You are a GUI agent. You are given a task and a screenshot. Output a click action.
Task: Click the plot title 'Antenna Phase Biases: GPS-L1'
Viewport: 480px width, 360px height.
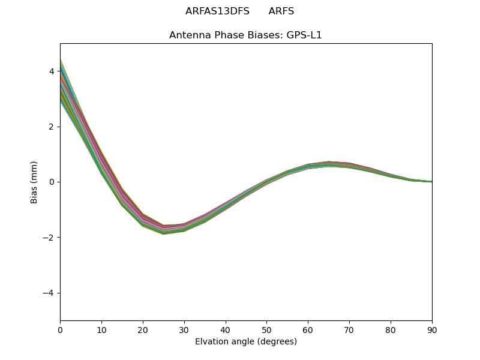pyautogui.click(x=245, y=35)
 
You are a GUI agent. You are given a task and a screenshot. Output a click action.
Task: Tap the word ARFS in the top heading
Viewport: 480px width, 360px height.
pyautogui.click(x=281, y=11)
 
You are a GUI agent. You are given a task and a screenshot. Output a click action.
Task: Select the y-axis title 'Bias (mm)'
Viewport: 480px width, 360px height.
pyautogui.click(x=34, y=182)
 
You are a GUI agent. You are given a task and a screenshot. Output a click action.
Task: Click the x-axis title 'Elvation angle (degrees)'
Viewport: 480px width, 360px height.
pyautogui.click(x=245, y=341)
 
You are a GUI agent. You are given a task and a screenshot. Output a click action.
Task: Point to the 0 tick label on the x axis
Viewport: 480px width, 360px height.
pyautogui.click(x=60, y=329)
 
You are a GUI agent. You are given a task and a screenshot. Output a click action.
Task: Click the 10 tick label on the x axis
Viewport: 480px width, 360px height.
pyautogui.click(x=101, y=329)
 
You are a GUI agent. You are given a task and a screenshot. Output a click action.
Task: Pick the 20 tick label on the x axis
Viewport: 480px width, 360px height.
pyautogui.click(x=143, y=329)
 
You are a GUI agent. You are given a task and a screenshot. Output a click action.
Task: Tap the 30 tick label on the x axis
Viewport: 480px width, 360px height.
pyautogui.click(x=184, y=329)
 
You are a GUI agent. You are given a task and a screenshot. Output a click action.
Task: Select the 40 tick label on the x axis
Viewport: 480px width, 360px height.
pyautogui.click(x=226, y=329)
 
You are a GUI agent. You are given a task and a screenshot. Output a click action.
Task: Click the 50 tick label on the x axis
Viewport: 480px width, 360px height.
pyautogui.click(x=266, y=329)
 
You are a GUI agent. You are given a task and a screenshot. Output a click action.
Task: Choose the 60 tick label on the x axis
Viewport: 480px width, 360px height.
pyautogui.click(x=308, y=329)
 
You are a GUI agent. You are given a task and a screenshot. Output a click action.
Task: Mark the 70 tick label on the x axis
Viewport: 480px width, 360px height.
pyautogui.click(x=349, y=329)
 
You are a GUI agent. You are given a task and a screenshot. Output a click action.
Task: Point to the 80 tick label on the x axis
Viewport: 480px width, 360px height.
pyautogui.click(x=391, y=329)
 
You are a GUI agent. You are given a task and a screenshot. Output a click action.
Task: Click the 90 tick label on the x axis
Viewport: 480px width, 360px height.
pyautogui.click(x=432, y=329)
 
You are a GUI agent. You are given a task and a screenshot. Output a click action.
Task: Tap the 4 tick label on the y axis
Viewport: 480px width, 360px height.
pyautogui.click(x=52, y=71)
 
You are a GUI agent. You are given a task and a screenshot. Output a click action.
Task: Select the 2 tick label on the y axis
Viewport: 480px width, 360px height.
pyautogui.click(x=52, y=127)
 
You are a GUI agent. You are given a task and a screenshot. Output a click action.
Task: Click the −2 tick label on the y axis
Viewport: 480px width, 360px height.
pyautogui.click(x=49, y=238)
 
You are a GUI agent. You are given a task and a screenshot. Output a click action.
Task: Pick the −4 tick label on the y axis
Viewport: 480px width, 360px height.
pyautogui.click(x=49, y=293)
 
